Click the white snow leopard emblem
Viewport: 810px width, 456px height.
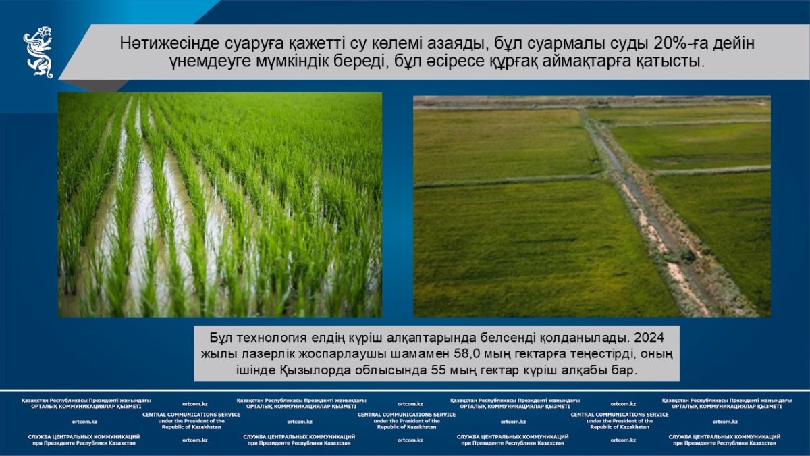(x=38, y=52)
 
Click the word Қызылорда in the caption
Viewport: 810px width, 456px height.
(x=315, y=371)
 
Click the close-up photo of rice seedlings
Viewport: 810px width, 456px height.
(x=220, y=205)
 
